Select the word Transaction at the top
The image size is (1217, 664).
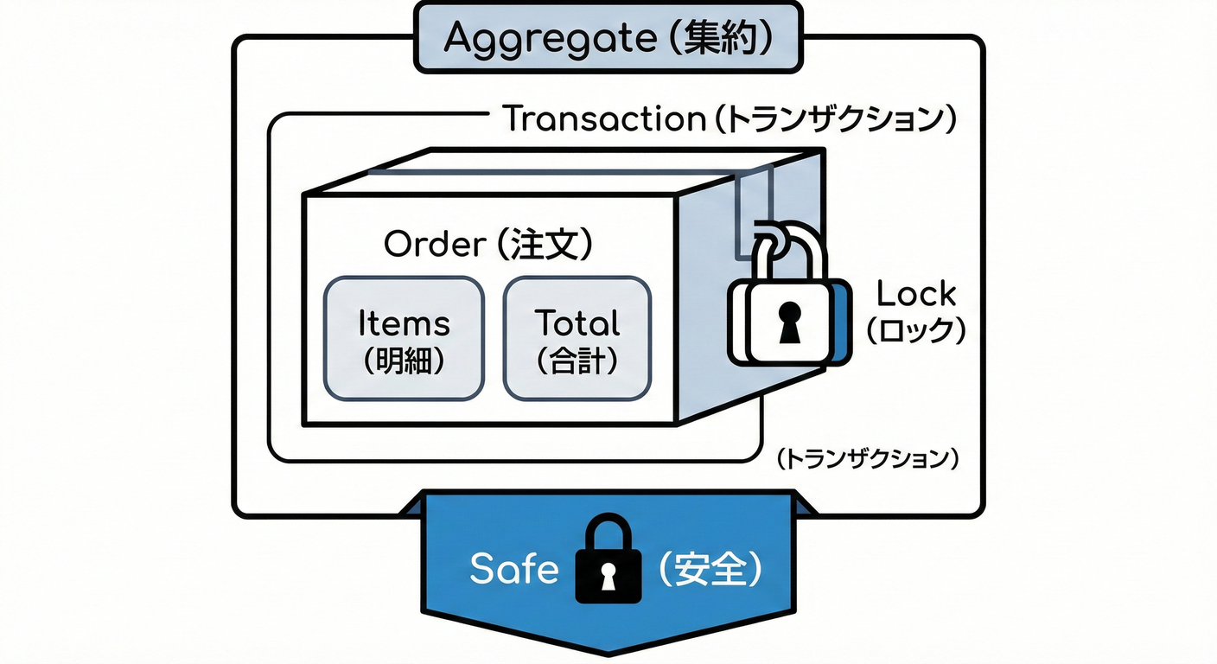pos(603,118)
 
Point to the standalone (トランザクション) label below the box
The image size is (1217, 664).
pos(867,459)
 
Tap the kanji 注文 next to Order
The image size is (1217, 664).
pos(545,245)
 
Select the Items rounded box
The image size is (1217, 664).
pos(404,338)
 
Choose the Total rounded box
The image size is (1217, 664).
pos(577,338)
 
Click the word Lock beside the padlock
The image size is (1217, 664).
pos(916,295)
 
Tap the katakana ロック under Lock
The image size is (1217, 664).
pos(916,330)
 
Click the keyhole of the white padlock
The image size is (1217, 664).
pos(789,322)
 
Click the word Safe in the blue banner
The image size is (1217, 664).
pos(513,569)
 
